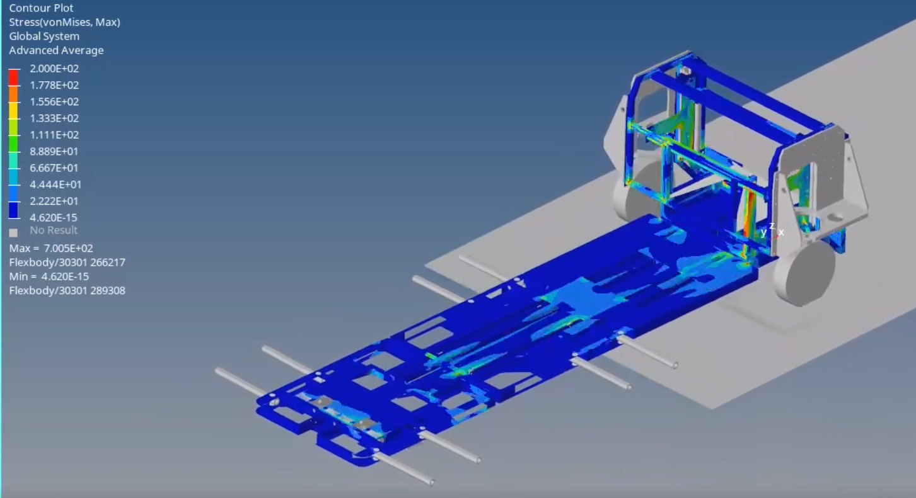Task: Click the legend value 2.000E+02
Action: [54, 69]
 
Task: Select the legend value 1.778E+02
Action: [54, 85]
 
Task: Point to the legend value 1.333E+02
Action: [54, 118]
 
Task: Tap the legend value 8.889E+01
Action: [54, 152]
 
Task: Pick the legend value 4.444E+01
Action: [54, 184]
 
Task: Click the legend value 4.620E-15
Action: [54, 218]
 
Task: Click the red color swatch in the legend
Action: [13, 77]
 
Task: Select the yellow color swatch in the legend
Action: [13, 110]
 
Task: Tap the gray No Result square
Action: [13, 232]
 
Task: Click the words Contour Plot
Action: [41, 8]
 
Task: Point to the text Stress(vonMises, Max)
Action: [64, 22]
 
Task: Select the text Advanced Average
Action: [56, 50]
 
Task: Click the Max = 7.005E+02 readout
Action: [51, 249]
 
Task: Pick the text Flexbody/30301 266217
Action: [67, 263]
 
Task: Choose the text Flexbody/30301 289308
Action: [67, 291]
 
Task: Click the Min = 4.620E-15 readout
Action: [49, 276]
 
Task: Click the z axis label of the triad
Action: [772, 226]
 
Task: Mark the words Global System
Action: [44, 37]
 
